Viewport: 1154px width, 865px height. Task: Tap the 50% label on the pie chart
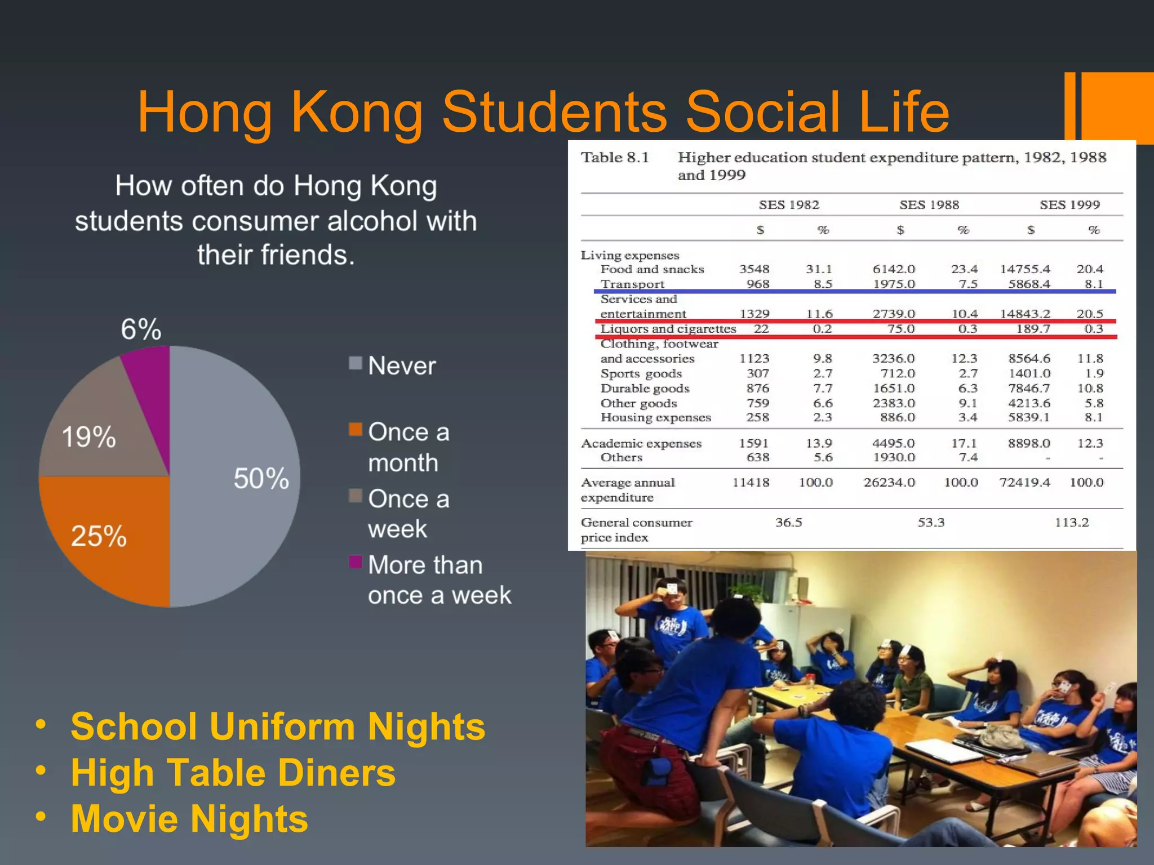[261, 479]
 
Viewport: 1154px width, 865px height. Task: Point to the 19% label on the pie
[88, 437]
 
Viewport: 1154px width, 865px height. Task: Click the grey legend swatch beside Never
[355, 363]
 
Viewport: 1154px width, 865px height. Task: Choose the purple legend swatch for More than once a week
[355, 561]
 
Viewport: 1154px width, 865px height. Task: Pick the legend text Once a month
[409, 447]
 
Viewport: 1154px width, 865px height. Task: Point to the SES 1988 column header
[929, 205]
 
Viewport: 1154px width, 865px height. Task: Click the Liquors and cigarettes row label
[668, 329]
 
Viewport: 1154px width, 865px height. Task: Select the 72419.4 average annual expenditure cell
[1024, 483]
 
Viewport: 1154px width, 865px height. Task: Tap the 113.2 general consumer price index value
[1071, 523]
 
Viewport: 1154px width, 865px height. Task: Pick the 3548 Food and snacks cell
[754, 269]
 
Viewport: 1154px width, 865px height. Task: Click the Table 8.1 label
[615, 158]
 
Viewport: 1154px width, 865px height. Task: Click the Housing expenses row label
[655, 418]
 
